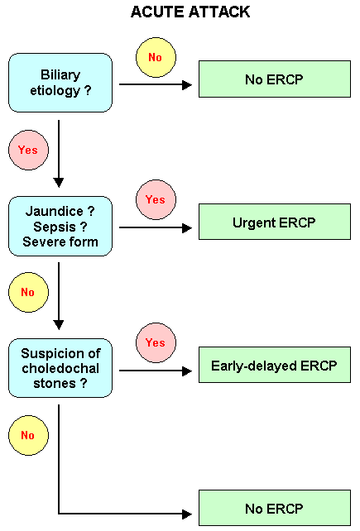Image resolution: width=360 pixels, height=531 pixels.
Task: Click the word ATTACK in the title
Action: click(x=219, y=12)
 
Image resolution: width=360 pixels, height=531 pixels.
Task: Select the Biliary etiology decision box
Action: click(x=60, y=83)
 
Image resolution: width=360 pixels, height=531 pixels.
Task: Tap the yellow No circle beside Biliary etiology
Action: click(x=156, y=57)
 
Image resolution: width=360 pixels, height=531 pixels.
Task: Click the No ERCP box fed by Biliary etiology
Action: click(x=275, y=79)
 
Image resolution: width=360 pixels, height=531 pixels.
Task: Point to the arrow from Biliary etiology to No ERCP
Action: click(x=156, y=84)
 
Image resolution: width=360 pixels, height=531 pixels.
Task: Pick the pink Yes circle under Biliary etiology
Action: click(x=28, y=150)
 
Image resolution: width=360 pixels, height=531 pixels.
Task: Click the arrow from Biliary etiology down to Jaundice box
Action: click(x=59, y=154)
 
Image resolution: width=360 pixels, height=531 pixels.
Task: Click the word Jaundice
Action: click(x=55, y=211)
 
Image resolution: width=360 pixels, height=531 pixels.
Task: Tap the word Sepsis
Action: click(x=55, y=227)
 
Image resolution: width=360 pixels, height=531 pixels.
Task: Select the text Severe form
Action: click(x=60, y=242)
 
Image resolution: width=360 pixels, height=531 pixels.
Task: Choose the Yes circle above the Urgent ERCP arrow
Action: click(x=156, y=200)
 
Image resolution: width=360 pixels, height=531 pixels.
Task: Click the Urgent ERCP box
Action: click(x=275, y=222)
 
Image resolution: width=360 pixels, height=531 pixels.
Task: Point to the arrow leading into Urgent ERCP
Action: click(x=156, y=228)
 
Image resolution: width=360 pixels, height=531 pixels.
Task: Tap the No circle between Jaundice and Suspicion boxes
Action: click(x=28, y=292)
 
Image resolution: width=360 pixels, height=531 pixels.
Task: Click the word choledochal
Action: click(x=60, y=368)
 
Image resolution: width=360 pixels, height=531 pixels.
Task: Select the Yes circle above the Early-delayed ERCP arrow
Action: click(x=156, y=342)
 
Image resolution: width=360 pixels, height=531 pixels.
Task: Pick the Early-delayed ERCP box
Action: click(x=275, y=365)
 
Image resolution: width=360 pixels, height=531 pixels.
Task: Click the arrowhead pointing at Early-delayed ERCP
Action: click(x=187, y=371)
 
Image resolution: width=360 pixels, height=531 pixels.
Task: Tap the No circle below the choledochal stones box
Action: click(x=28, y=435)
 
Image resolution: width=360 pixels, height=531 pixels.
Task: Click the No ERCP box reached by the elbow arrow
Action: click(x=275, y=508)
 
